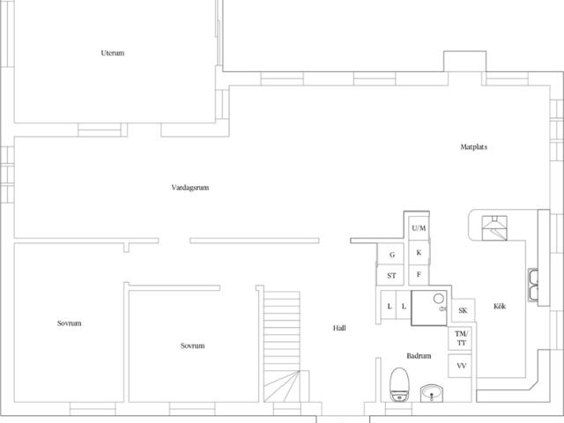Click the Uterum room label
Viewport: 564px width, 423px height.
tap(113, 53)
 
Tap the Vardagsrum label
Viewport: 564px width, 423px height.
tap(190, 188)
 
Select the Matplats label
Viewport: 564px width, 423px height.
tap(474, 147)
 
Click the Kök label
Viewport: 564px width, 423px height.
tap(500, 306)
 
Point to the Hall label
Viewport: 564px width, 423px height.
tap(339, 328)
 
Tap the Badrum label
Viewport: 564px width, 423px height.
tap(419, 356)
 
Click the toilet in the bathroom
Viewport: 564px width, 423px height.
tap(399, 384)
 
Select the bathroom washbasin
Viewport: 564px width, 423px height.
tap(432, 393)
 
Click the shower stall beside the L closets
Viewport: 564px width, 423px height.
tap(429, 308)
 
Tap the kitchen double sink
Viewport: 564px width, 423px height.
tap(533, 285)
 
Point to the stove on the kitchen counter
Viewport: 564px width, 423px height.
tap(494, 228)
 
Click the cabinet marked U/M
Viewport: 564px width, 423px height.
tap(419, 228)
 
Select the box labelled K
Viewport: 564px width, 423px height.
tap(419, 253)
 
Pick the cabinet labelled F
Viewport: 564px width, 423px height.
tap(419, 275)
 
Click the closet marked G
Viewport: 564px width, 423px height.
tap(390, 255)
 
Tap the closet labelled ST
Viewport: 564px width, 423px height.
tap(390, 276)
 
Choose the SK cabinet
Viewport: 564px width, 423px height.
tap(464, 310)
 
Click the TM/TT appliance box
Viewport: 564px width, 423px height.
tap(460, 338)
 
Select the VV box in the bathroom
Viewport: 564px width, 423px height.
tap(460, 366)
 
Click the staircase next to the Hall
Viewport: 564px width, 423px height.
tap(282, 346)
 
